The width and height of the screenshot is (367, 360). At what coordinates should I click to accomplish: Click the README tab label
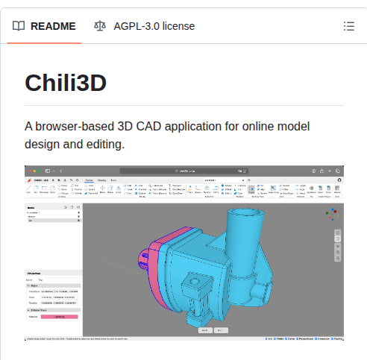coord(53,26)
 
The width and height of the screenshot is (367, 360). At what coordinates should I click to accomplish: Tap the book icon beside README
coord(18,26)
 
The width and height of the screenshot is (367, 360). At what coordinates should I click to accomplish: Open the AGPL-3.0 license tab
coord(154,26)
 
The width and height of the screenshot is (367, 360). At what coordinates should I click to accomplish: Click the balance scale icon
coord(100,26)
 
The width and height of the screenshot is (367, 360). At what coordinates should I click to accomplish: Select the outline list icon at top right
coord(348,26)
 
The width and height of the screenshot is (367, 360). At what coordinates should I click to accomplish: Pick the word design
coord(43,143)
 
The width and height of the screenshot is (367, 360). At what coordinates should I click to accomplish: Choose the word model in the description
coord(295,126)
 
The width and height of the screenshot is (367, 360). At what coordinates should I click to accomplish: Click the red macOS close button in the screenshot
coord(28,171)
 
